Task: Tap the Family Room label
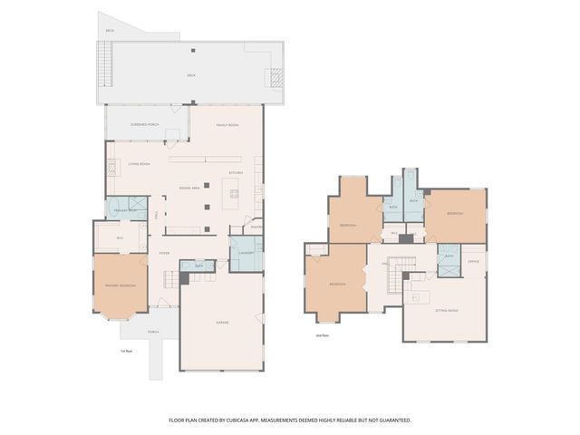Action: point(227,124)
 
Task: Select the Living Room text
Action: point(139,164)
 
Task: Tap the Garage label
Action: point(222,323)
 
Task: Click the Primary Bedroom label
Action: point(121,285)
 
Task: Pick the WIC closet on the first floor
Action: point(119,237)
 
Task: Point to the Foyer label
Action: point(165,253)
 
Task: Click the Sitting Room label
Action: point(446,310)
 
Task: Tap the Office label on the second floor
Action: point(473,262)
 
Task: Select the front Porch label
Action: point(153,332)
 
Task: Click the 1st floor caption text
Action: point(127,351)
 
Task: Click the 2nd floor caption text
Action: point(321,335)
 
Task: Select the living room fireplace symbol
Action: point(112,168)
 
